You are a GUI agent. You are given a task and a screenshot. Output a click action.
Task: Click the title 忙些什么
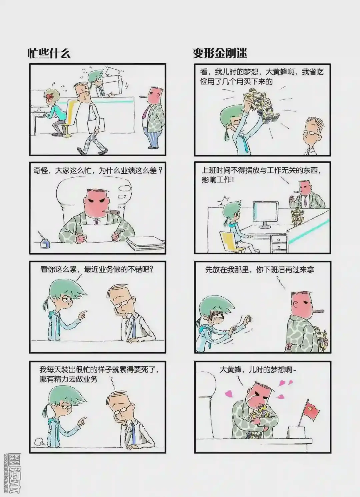pyautogui.click(x=49, y=53)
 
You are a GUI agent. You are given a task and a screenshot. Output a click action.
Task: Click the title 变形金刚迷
pyautogui.click(x=220, y=53)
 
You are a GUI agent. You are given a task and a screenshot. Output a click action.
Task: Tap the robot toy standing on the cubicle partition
pyautogui.click(x=297, y=216)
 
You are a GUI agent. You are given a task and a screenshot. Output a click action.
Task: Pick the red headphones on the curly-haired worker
pyautogui.click(x=50, y=97)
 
